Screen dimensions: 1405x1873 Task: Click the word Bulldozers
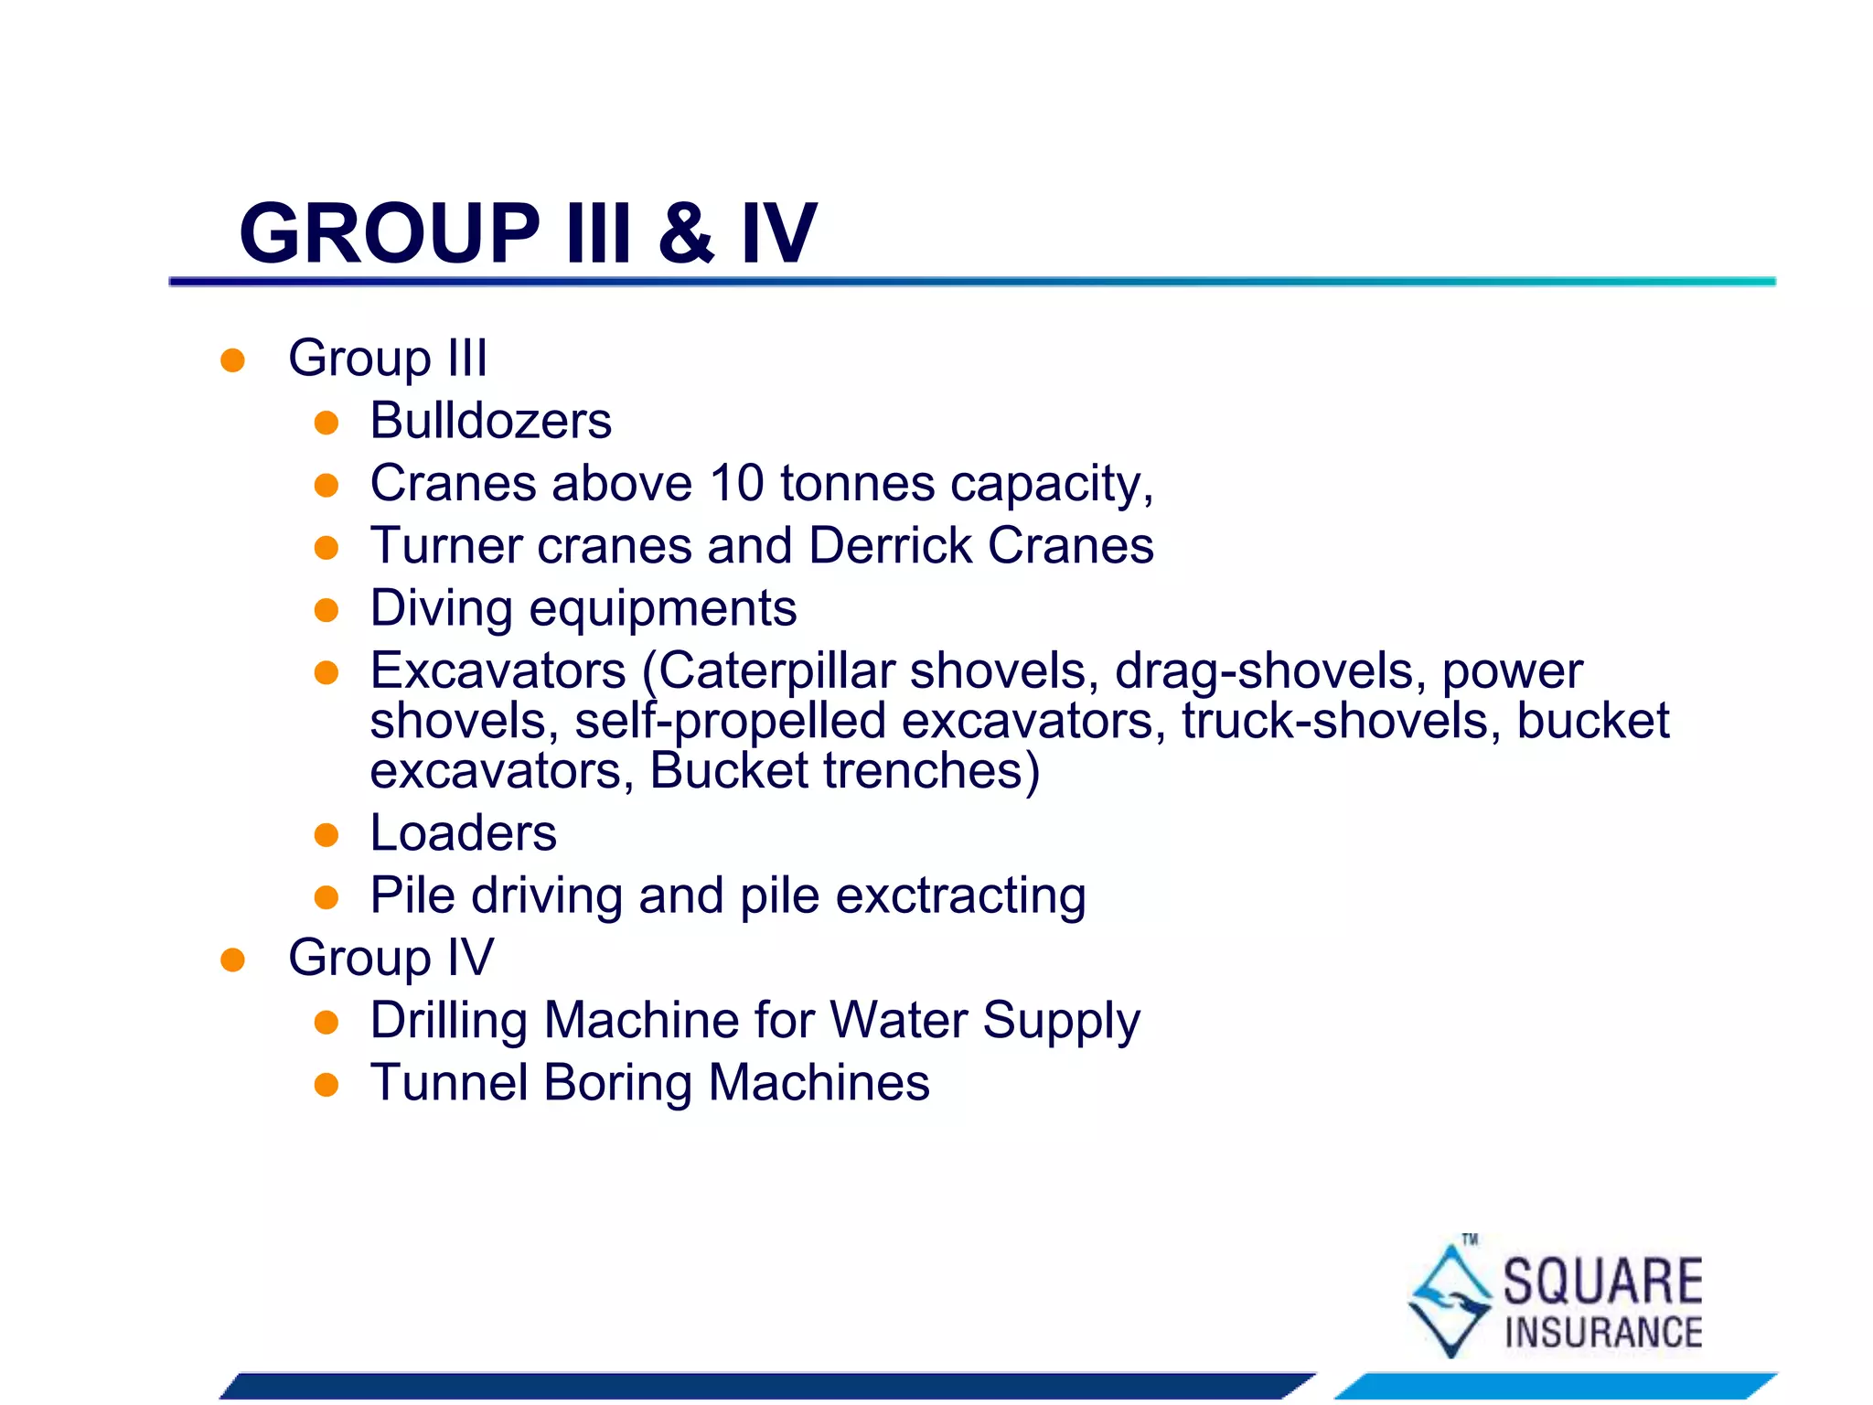click(490, 421)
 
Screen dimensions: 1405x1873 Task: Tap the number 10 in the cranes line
click(737, 483)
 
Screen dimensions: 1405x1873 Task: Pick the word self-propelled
click(731, 721)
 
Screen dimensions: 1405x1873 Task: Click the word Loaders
click(463, 833)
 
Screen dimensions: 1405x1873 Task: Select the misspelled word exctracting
click(960, 896)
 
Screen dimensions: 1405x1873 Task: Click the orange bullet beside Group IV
click(232, 960)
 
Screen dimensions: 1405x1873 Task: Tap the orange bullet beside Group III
click(232, 359)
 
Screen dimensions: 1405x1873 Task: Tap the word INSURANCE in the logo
click(1603, 1333)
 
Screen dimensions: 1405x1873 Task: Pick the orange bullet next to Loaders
click(326, 835)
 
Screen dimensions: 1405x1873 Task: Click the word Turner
click(445, 546)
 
